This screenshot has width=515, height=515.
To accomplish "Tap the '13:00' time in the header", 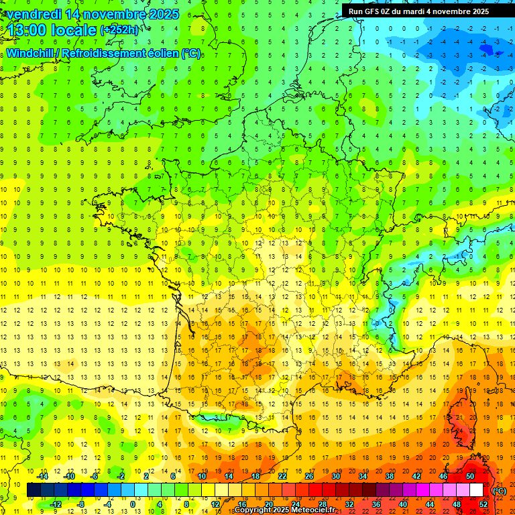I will click(26, 30).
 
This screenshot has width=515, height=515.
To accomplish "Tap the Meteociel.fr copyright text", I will click(284, 510).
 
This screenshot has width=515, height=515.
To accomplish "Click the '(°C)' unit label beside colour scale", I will click(499, 490).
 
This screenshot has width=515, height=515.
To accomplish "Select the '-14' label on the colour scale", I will click(42, 476).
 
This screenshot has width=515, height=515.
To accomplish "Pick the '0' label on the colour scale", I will click(132, 504).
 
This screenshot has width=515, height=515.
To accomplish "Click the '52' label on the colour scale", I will click(483, 504).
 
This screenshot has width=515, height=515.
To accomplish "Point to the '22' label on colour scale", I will click(282, 476).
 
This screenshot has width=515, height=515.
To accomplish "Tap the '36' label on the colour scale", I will click(376, 504).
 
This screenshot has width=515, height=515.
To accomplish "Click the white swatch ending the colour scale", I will click(477, 490).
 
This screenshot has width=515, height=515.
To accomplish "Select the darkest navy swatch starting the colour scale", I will click(34, 490).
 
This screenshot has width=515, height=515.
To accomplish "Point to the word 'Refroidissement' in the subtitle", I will click(103, 53).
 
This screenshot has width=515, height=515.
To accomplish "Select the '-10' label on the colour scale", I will click(68, 476).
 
